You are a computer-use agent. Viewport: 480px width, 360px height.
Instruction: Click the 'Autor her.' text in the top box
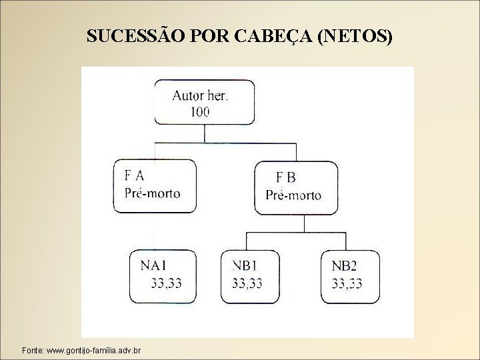point(199,95)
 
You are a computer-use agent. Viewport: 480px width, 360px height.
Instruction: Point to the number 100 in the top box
point(199,111)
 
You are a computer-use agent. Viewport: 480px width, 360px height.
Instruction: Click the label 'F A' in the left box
point(135,177)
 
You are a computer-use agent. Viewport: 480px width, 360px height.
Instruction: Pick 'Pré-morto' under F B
point(293,195)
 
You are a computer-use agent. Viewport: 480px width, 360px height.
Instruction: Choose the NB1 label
point(247,266)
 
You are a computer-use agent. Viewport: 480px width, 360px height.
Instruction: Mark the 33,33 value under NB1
point(247,283)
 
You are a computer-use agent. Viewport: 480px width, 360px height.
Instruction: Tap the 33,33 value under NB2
point(347,283)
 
